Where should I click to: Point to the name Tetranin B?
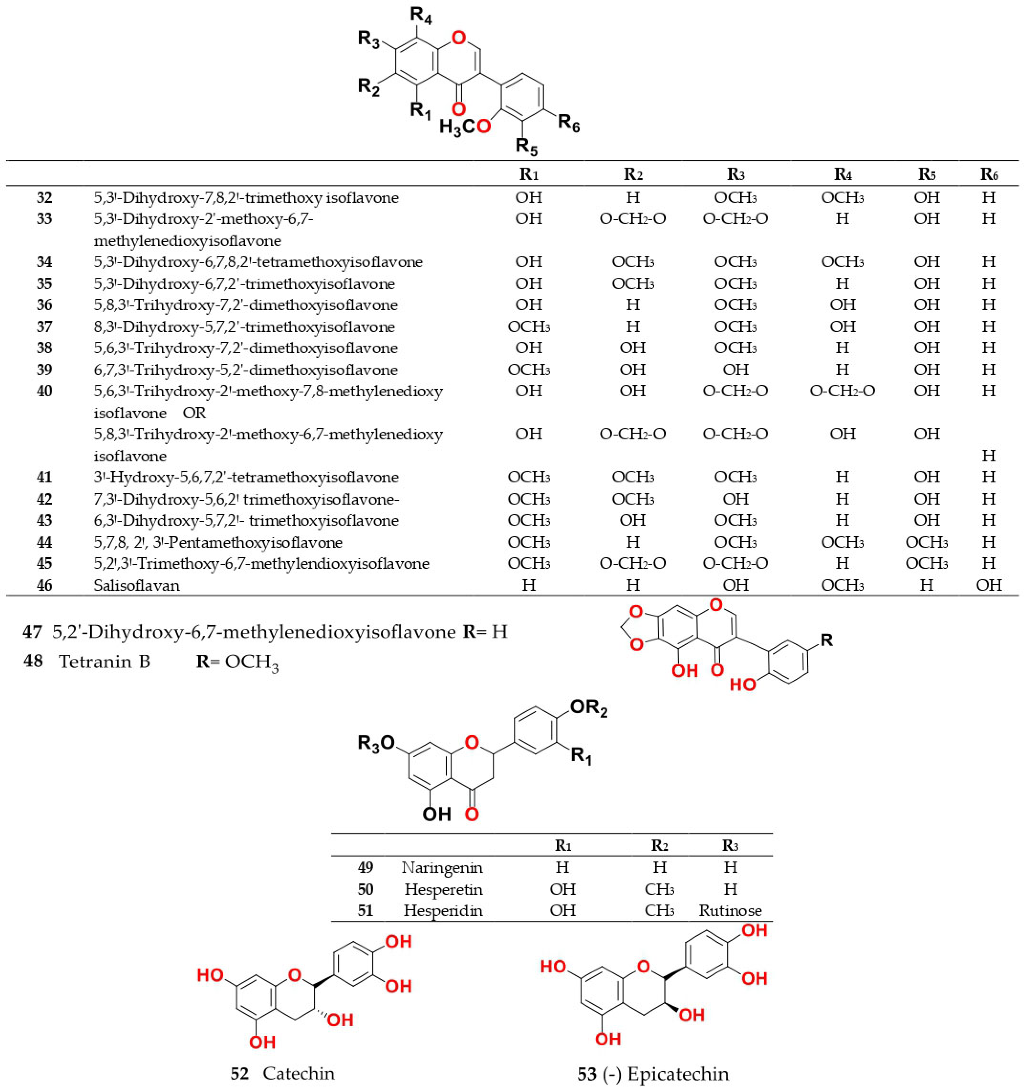[104, 662]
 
